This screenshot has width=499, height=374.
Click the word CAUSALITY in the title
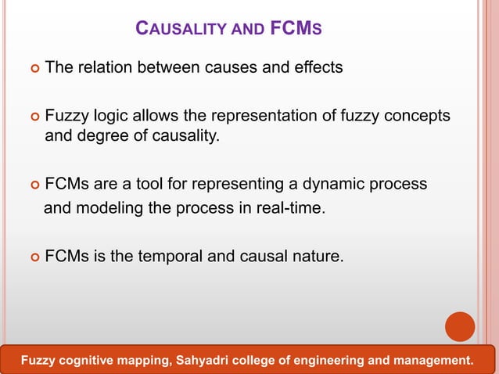[x=177, y=31]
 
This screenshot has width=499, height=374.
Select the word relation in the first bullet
[x=106, y=68]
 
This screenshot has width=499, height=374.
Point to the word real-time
[x=286, y=210]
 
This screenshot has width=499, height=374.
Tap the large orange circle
[x=460, y=326]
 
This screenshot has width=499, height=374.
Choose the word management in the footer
[x=434, y=361]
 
